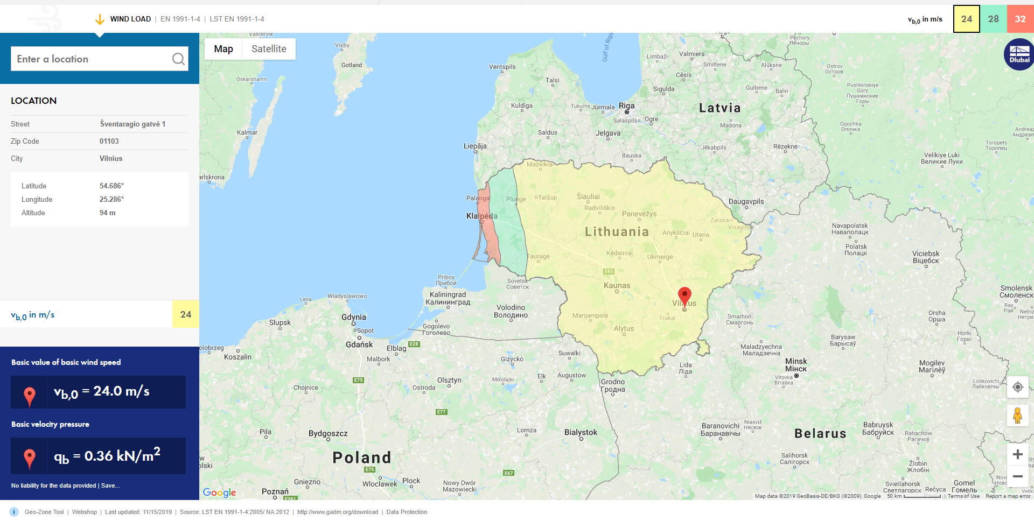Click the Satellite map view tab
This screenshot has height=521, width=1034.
pyautogui.click(x=269, y=49)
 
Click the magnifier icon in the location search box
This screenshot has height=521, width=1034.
pyautogui.click(x=178, y=59)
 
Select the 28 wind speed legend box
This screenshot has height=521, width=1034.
pyautogui.click(x=993, y=19)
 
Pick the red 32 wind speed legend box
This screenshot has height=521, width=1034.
pyautogui.click(x=1020, y=19)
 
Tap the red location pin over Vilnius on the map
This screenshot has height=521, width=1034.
pyautogui.click(x=684, y=295)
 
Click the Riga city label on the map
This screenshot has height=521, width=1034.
pyautogui.click(x=626, y=105)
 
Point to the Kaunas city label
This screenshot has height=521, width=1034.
pyautogui.click(x=617, y=285)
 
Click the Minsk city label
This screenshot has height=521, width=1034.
pyautogui.click(x=796, y=365)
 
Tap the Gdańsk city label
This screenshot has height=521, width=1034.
pyautogui.click(x=359, y=344)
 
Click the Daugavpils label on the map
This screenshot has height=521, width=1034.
pyautogui.click(x=746, y=201)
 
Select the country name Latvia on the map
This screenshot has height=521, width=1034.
pyautogui.click(x=719, y=108)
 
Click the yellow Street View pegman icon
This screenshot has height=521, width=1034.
pyautogui.click(x=1017, y=416)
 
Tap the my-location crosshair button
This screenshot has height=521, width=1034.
pyautogui.click(x=1017, y=387)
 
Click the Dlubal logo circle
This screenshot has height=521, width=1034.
pyautogui.click(x=1019, y=54)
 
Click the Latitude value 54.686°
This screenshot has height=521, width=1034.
pyautogui.click(x=111, y=186)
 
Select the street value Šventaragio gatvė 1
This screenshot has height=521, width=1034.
pyautogui.click(x=132, y=124)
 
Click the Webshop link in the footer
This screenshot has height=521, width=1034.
pyautogui.click(x=85, y=512)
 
